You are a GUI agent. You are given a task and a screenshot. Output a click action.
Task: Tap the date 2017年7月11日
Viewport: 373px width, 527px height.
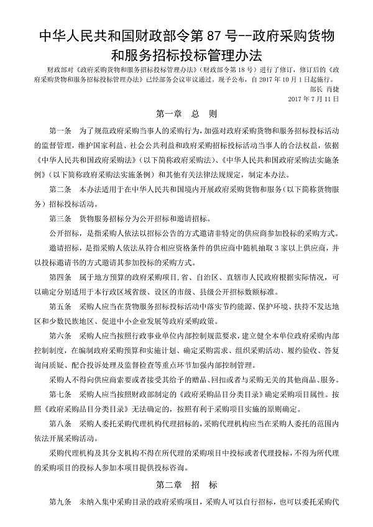315,99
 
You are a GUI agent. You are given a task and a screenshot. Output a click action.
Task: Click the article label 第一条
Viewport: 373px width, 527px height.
60,132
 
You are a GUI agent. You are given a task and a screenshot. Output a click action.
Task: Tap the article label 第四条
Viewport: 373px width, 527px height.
60,275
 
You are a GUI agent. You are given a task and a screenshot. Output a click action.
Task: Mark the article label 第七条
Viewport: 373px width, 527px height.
60,393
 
